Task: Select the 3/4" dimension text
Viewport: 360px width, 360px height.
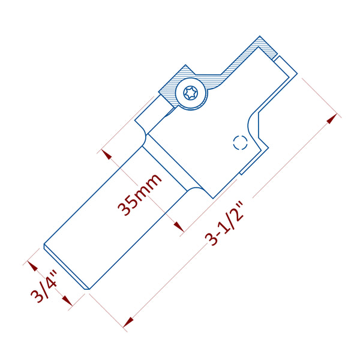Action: click(46, 287)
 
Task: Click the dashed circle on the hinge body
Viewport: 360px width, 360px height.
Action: click(240, 142)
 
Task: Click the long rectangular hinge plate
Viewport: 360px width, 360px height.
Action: click(114, 216)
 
